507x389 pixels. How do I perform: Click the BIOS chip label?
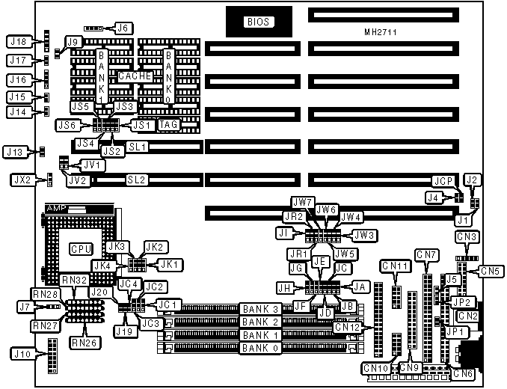(257, 22)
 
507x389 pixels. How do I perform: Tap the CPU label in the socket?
(80, 248)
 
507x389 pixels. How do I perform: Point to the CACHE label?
(135, 76)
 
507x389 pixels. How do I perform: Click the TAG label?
(168, 124)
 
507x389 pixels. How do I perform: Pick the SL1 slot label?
(137, 147)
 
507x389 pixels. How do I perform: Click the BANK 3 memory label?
(259, 309)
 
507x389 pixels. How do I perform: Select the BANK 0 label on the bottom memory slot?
(259, 349)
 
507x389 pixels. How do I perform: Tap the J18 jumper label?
(19, 42)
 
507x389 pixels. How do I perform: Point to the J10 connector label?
(19, 353)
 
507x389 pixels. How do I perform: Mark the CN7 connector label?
(427, 255)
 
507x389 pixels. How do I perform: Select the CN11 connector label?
(395, 266)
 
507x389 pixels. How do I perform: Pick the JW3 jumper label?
(363, 235)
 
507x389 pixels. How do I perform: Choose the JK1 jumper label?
(169, 264)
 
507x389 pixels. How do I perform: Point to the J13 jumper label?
(16, 152)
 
